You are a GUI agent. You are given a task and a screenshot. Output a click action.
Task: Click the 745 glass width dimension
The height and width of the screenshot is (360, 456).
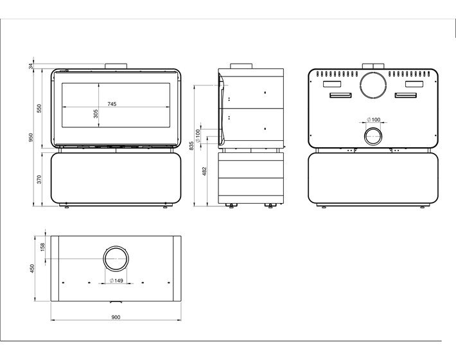(112, 104)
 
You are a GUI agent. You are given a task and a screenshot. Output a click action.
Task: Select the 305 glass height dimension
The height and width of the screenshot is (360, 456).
(96, 114)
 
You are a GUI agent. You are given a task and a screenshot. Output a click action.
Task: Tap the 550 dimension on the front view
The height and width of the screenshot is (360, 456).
(39, 108)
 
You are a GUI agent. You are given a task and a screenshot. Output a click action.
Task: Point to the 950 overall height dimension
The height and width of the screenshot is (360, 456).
(31, 138)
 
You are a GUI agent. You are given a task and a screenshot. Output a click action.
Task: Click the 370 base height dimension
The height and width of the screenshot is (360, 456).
(39, 179)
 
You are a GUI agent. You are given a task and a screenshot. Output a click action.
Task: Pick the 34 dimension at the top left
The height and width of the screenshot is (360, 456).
(31, 66)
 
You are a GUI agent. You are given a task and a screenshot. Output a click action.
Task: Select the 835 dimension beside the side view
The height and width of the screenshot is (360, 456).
(191, 145)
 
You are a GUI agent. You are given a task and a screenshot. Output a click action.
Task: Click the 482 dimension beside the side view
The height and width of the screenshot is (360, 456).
(204, 171)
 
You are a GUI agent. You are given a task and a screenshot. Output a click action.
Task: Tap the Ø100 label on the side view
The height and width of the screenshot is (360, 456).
(198, 136)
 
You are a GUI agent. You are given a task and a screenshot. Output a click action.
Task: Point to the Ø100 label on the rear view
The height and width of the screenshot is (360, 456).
(374, 120)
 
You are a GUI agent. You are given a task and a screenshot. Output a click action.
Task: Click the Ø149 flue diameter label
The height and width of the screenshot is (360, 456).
(116, 280)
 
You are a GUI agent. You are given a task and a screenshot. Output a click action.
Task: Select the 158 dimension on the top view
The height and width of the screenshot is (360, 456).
(43, 247)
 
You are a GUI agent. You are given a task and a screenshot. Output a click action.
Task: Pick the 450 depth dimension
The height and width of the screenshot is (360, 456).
(32, 268)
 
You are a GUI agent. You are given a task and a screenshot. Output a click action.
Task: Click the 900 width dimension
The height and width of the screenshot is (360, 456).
(116, 317)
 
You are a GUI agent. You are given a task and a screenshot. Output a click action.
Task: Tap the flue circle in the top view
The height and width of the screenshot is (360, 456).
(116, 247)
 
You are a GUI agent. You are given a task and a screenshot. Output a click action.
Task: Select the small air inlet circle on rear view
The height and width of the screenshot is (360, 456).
(373, 128)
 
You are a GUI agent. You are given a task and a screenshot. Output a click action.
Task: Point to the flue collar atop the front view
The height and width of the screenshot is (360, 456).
(116, 66)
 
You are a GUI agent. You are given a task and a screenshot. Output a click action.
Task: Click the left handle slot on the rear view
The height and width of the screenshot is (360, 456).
(340, 95)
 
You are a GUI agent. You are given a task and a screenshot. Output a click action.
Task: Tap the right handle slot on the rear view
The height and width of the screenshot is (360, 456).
(405, 95)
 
